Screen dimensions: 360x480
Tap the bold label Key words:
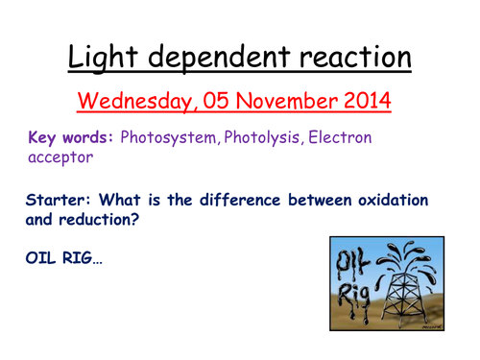coord(72,138)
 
